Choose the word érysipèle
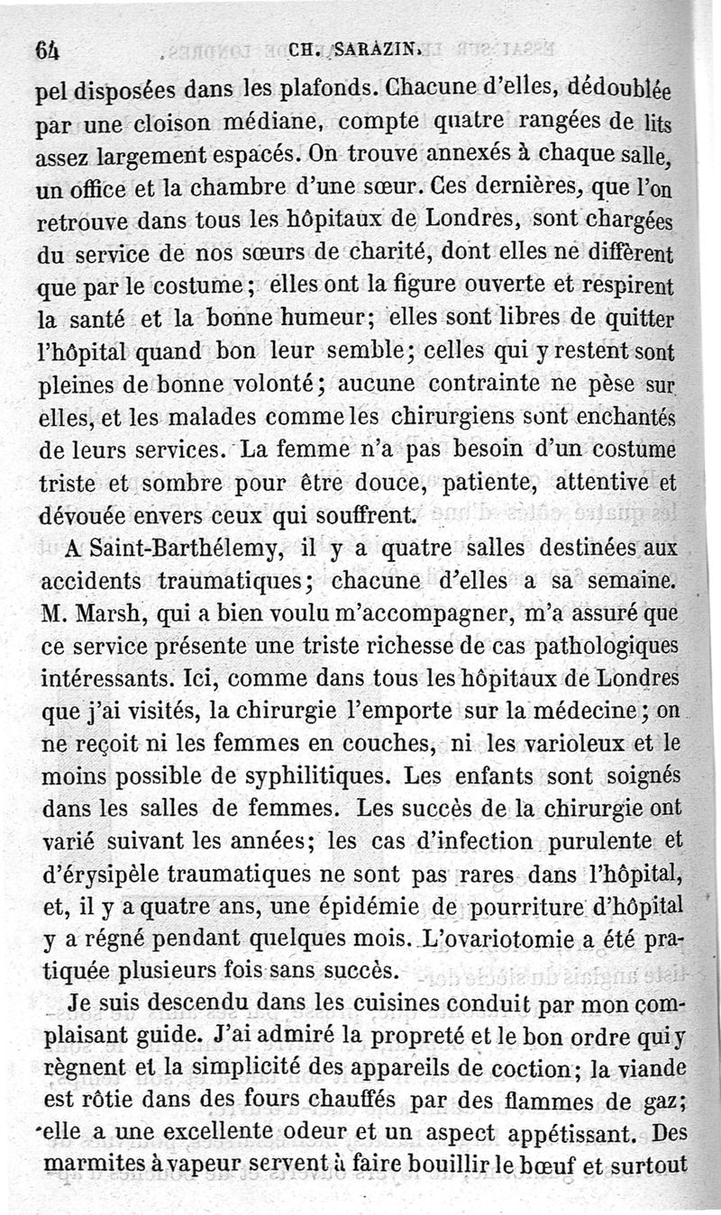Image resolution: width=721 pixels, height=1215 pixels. (x=108, y=873)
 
